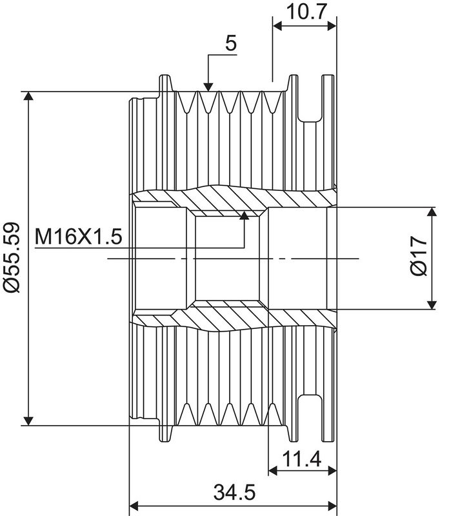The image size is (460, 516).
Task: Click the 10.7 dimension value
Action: (306, 12)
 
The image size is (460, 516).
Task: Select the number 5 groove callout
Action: (231, 43)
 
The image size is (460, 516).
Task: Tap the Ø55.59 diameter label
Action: (12, 257)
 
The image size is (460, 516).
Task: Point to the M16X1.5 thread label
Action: (78, 236)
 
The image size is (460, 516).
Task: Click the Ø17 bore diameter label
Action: (419, 255)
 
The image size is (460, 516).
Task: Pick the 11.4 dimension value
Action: (302, 459)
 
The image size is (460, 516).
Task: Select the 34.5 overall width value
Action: (234, 492)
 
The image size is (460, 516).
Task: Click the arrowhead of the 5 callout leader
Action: (208, 87)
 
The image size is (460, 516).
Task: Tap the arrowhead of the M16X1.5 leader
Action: (244, 215)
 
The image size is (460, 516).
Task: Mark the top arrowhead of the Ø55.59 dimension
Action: (28, 95)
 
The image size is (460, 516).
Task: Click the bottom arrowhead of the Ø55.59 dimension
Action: (28, 421)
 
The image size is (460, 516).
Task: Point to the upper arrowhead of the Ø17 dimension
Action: (432, 212)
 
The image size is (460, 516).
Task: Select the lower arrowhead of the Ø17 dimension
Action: (432, 305)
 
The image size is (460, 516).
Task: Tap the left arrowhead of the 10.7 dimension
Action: (277, 26)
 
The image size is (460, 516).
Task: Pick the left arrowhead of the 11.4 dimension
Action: (273, 471)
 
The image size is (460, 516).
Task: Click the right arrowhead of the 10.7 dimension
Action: (332, 26)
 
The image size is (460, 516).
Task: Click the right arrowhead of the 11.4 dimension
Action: (332, 471)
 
